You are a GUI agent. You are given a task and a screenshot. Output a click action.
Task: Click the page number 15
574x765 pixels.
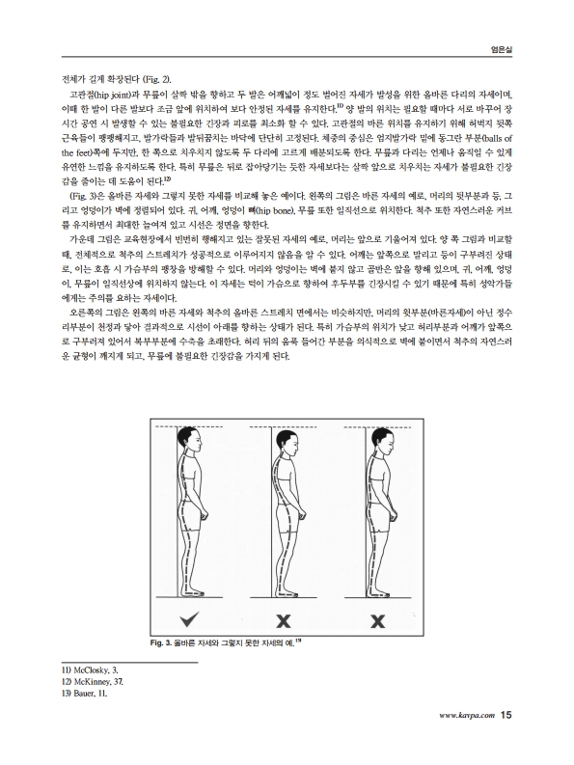coord(506,715)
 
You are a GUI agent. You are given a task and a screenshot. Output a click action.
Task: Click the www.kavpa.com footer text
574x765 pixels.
coord(467,716)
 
